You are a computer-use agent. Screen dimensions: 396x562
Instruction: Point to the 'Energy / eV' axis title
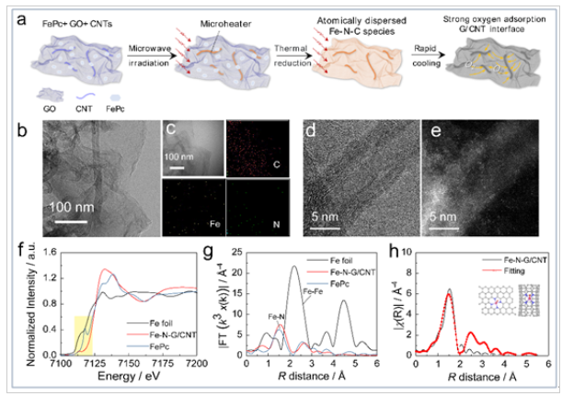point(116,378)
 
